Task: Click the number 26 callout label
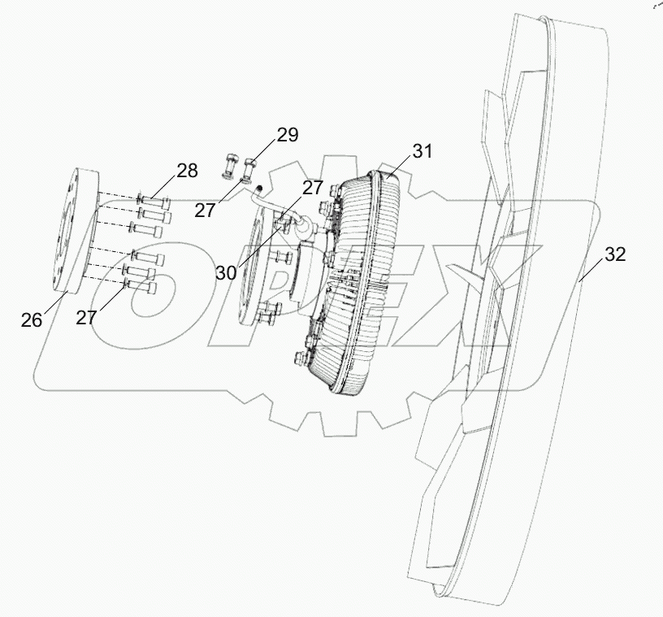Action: coord(32,319)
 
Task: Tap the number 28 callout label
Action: coord(187,172)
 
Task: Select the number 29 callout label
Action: coord(288,135)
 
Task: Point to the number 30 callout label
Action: coord(226,272)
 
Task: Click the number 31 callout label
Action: coord(422,151)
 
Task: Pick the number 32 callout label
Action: coord(615,254)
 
